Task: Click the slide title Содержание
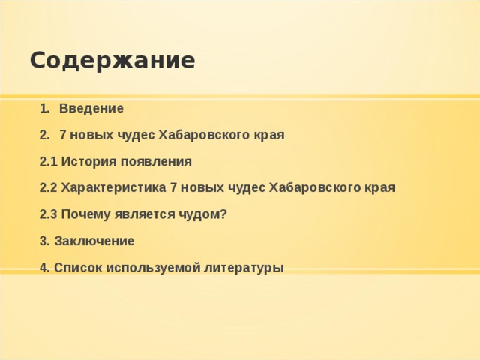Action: (112, 60)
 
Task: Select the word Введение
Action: (91, 108)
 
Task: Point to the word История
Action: (85, 161)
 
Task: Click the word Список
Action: (78, 268)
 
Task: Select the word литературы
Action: (244, 268)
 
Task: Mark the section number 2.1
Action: (48, 161)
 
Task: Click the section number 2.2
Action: (48, 187)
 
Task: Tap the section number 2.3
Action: (48, 214)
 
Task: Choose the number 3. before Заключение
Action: (44, 241)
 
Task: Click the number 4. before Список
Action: (44, 268)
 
